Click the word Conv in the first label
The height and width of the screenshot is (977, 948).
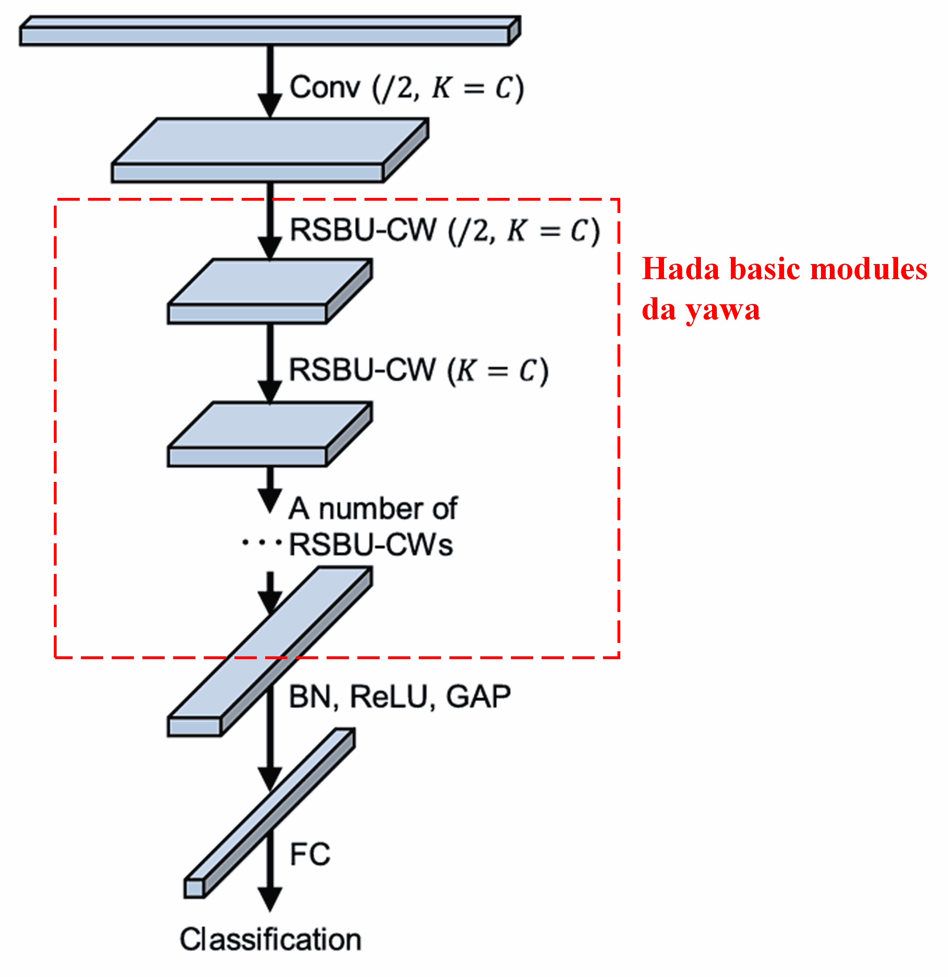coord(325,88)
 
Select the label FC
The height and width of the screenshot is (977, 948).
coord(310,854)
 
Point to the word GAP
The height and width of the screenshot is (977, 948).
coord(478,697)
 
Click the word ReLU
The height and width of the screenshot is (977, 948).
coord(389,697)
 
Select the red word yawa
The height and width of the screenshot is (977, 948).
coord(723,310)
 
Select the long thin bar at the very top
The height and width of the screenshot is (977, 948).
coord(269,31)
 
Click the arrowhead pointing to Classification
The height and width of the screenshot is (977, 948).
coord(270,898)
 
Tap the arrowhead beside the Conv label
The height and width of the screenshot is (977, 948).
coord(270,105)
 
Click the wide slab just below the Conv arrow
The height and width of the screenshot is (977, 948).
coord(269,150)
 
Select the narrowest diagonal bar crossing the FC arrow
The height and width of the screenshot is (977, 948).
coord(269,813)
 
